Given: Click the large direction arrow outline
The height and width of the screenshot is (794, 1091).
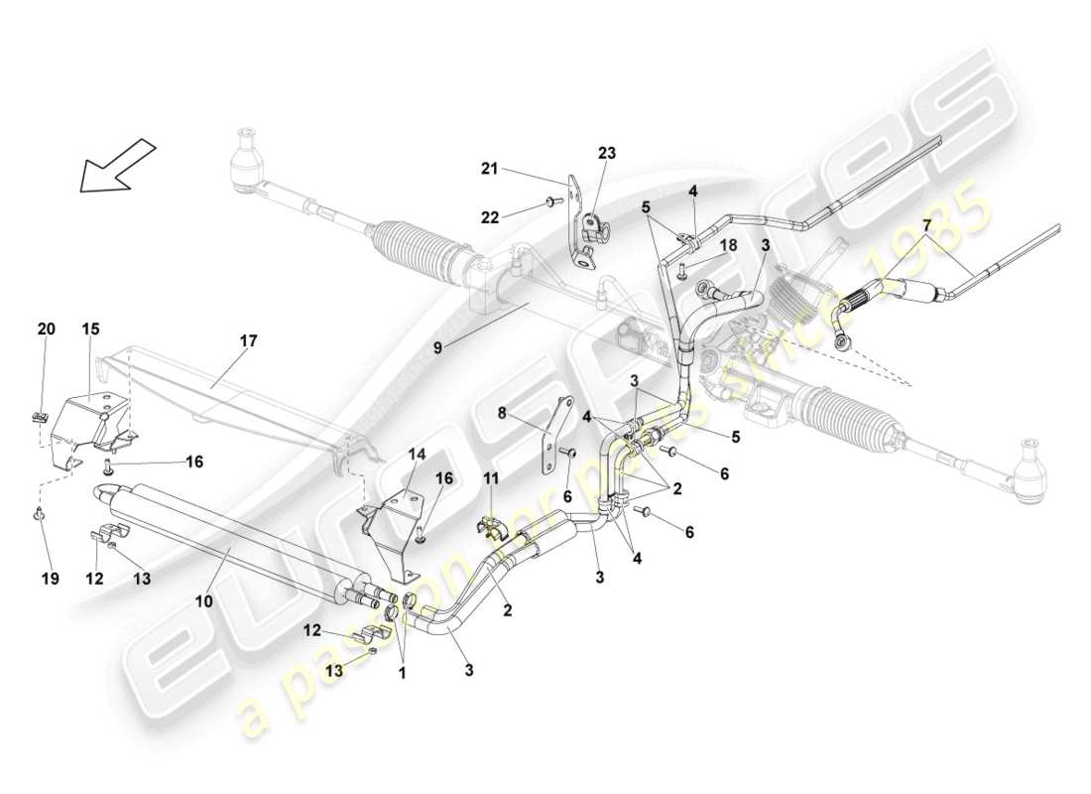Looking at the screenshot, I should [x=117, y=165].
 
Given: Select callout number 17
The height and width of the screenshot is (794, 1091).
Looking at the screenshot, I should [x=248, y=340].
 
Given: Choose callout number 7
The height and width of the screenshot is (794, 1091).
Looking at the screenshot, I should [x=926, y=226].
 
